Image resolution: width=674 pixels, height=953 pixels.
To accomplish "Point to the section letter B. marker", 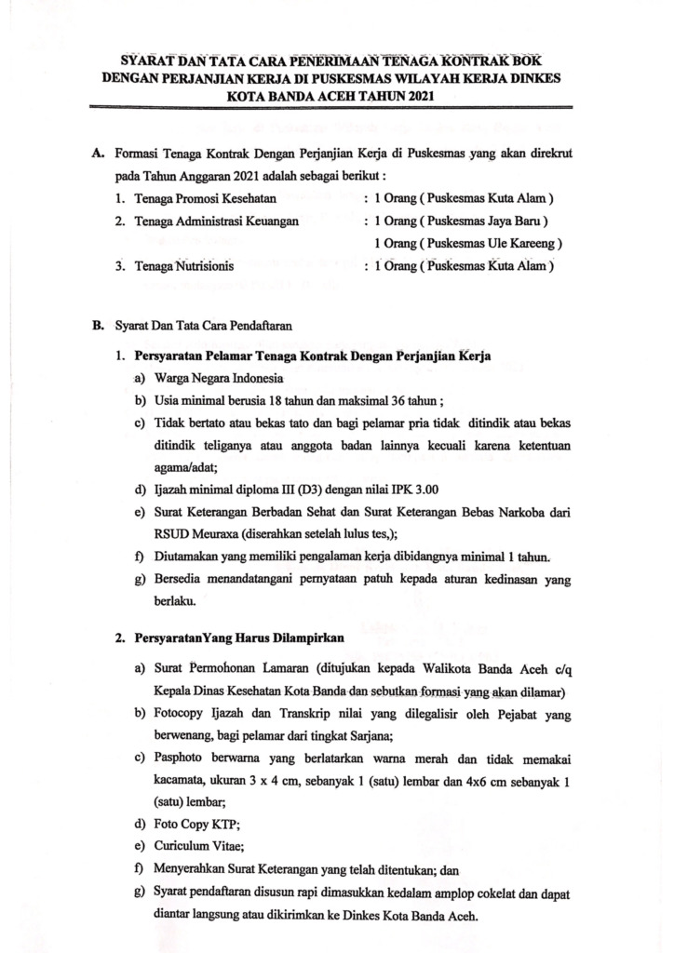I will pyautogui.click(x=98, y=326).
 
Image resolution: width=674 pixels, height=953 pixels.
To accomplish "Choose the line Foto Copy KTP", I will pyautogui.click(x=186, y=825).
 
